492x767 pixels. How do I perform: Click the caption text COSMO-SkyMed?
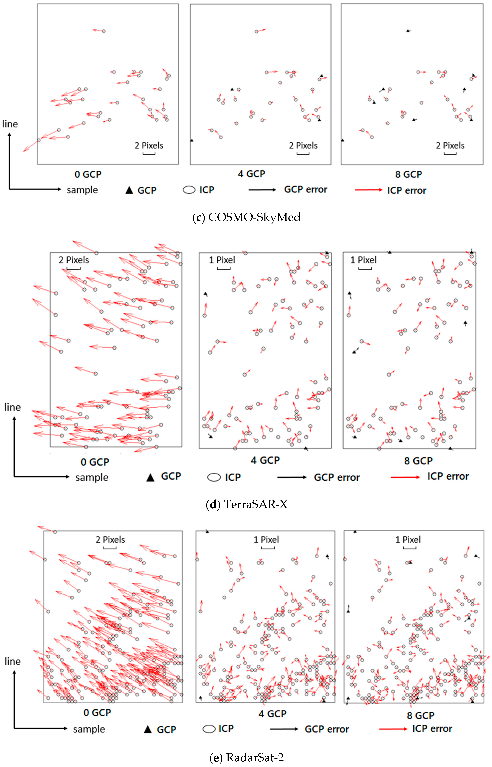[x=254, y=217]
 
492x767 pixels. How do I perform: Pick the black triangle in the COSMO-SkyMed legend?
[x=129, y=190]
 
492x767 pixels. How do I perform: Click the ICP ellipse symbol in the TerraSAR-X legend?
[x=214, y=477]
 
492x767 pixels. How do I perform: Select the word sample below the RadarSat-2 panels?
[x=89, y=729]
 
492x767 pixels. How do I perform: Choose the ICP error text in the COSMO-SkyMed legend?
[x=407, y=191]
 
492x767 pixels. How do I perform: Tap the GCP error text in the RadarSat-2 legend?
[x=327, y=729]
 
